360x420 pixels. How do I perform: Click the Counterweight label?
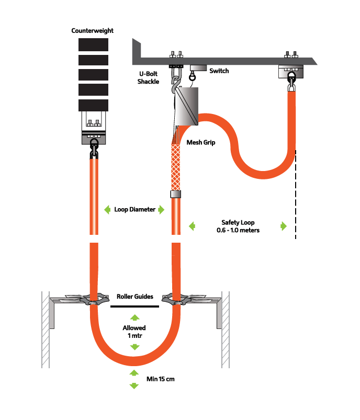point(92,31)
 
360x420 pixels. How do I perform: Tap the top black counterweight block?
point(93,44)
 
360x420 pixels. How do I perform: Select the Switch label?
point(219,71)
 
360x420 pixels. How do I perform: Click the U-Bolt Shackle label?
point(148,78)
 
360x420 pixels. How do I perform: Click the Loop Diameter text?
point(134,210)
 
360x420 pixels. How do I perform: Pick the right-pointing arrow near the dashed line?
point(284,226)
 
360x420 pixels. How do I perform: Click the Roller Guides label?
point(134,297)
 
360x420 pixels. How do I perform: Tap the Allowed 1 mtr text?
point(134,331)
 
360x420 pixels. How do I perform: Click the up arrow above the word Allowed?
point(134,317)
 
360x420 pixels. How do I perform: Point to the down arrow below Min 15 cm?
point(134,386)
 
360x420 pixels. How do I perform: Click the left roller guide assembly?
point(87,300)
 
